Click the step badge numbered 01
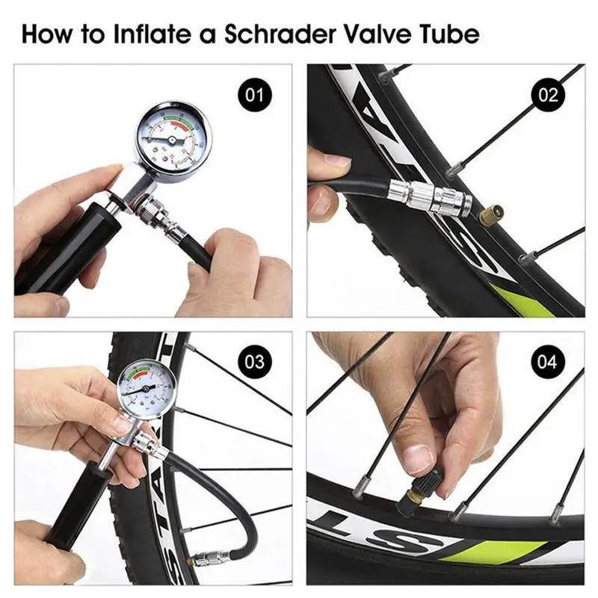click(255, 95)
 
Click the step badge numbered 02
click(546, 95)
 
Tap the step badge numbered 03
click(255, 363)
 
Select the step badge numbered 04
click(546, 363)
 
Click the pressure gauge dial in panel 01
click(173, 137)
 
